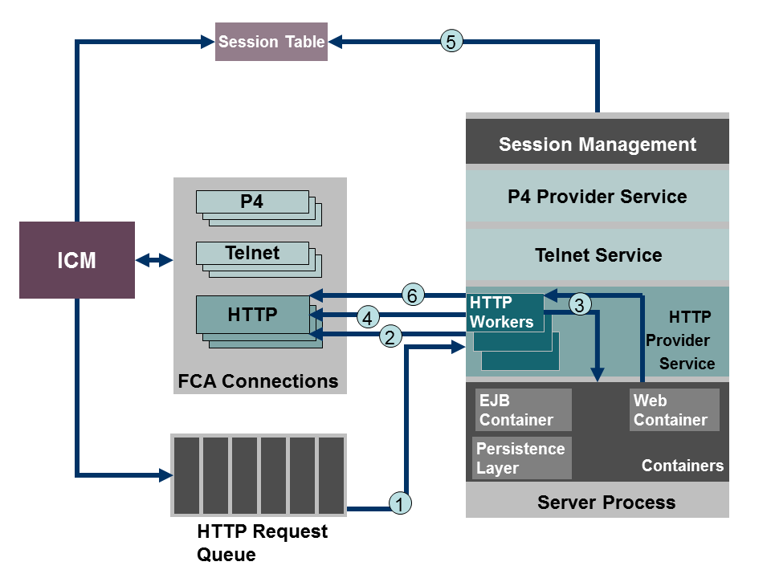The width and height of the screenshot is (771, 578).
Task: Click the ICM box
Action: click(x=77, y=260)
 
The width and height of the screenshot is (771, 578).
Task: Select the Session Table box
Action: click(x=271, y=42)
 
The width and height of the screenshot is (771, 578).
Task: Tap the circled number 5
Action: click(x=451, y=41)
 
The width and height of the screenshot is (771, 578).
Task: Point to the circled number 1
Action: click(x=400, y=503)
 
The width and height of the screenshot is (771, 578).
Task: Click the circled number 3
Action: click(x=580, y=304)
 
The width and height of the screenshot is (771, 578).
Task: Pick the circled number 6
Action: click(x=412, y=295)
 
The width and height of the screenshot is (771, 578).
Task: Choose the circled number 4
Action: click(x=367, y=318)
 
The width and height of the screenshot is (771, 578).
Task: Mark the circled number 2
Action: click(x=390, y=337)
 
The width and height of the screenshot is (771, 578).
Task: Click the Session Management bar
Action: click(x=598, y=144)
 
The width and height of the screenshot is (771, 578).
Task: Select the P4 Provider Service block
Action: click(x=598, y=196)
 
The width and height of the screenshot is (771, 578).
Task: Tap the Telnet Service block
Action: click(x=598, y=255)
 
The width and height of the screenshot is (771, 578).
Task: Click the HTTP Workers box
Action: click(x=504, y=312)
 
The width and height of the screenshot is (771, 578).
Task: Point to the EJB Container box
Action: click(x=523, y=410)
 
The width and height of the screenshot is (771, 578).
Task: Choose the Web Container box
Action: click(x=674, y=410)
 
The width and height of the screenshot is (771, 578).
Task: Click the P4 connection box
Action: click(x=252, y=202)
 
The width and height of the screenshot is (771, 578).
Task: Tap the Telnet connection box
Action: click(x=252, y=254)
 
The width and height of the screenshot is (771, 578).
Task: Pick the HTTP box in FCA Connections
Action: click(x=252, y=315)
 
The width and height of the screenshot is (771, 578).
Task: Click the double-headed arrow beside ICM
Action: click(x=154, y=260)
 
